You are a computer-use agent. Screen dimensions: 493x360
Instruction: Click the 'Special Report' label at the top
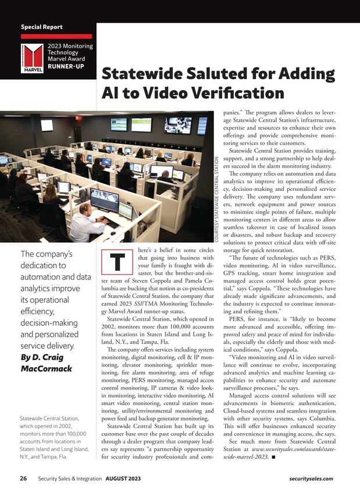click(41, 27)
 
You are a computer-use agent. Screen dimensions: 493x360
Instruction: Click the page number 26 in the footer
click(23, 478)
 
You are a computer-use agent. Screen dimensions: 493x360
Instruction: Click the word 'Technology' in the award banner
click(67, 52)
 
